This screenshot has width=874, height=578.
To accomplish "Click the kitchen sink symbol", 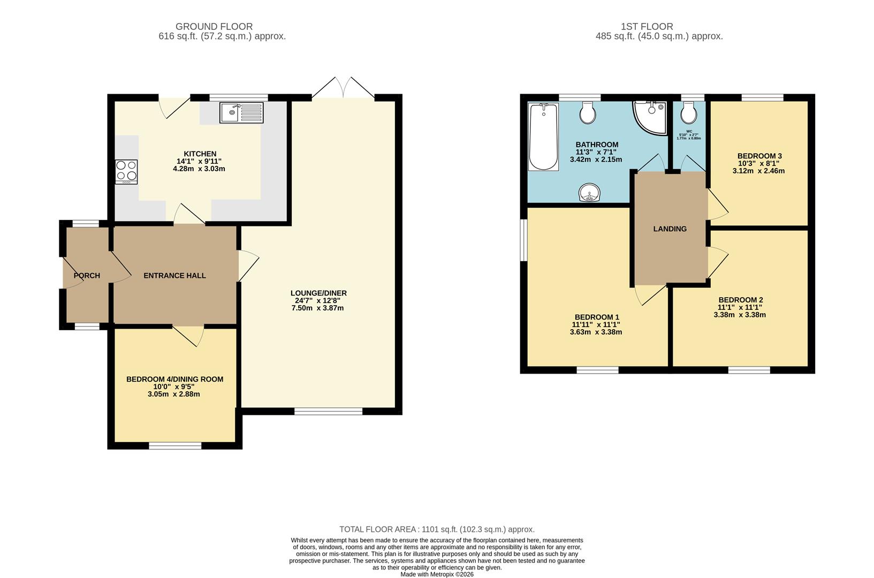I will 241,112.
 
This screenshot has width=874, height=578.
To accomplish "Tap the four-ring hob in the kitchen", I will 126,172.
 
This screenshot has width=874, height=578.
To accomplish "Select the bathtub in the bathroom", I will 544,137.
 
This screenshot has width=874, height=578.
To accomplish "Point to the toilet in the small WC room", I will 688,113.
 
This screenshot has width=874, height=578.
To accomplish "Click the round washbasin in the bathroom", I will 589,193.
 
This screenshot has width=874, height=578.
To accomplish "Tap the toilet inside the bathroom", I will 588,112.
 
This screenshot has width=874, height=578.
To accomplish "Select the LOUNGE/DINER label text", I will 318,293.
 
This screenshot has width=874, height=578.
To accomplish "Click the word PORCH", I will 87,276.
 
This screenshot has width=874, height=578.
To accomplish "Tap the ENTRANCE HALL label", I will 174,276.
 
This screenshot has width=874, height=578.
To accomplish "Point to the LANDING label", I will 670,229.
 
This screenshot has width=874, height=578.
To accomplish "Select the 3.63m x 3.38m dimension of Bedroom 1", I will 596,332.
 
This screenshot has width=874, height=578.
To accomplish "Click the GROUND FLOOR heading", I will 214,26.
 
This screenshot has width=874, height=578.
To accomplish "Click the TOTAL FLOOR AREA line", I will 437,529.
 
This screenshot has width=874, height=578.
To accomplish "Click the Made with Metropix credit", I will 437,574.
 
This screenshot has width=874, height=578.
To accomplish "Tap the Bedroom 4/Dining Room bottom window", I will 175,445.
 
